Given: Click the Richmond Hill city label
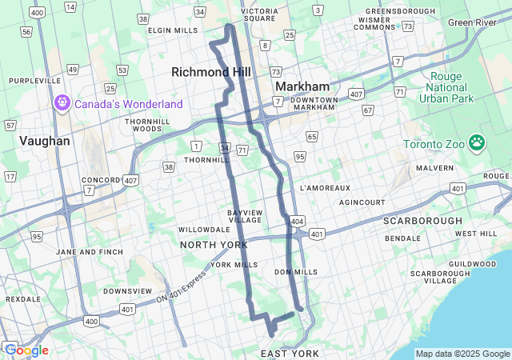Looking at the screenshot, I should [211, 72].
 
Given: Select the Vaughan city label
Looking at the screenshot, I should [45, 140].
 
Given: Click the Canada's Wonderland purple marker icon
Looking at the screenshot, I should [62, 103].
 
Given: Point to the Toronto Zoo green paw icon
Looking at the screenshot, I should [477, 142].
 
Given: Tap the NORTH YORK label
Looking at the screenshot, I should [214, 244].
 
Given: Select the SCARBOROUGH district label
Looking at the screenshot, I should [422, 220].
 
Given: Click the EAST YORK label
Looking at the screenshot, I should [290, 353].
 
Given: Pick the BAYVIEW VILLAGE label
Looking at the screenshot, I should [245, 216].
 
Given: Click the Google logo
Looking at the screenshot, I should [26, 350].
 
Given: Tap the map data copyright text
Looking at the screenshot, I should [462, 354].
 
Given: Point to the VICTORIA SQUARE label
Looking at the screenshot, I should [258, 14].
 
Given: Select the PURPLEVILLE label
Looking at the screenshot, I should [34, 81].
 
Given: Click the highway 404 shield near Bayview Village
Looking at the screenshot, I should [297, 220].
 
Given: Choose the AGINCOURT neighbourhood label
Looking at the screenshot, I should [362, 202].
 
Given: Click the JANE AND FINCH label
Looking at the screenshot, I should [90, 252].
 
